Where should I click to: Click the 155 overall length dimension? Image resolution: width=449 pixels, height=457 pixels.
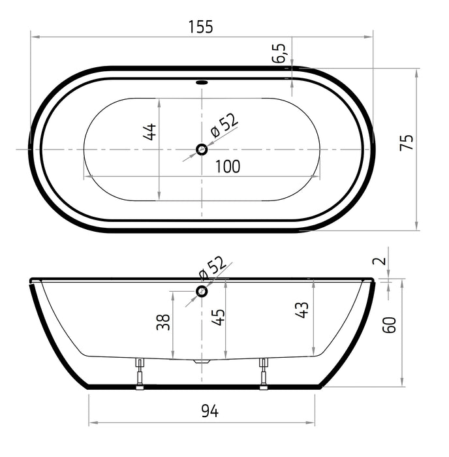pyautogui.click(x=200, y=27)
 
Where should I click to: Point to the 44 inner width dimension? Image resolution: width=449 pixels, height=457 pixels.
pyautogui.click(x=149, y=131)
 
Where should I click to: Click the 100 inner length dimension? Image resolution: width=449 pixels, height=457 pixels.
pyautogui.click(x=227, y=166)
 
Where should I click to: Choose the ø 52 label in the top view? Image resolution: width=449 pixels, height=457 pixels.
pyautogui.click(x=225, y=125)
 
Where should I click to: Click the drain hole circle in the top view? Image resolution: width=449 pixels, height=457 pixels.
pyautogui.click(x=202, y=150)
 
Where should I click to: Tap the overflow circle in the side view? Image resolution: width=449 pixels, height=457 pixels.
pyautogui.click(x=202, y=291)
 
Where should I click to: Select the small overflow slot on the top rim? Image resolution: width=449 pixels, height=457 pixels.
pyautogui.click(x=201, y=83)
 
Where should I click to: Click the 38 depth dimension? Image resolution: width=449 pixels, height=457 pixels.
pyautogui.click(x=163, y=321)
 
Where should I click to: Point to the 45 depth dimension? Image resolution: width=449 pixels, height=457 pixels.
pyautogui.click(x=219, y=317)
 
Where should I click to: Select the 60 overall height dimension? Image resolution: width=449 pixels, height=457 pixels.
pyautogui.click(x=390, y=324)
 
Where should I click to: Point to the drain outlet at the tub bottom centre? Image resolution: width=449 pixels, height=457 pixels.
pyautogui.click(x=202, y=360)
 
